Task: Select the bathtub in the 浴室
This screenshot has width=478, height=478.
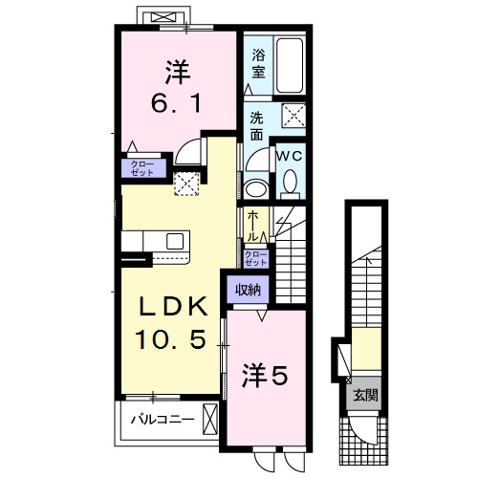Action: pyautogui.click(x=290, y=66)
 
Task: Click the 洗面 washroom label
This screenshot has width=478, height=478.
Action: pyautogui.click(x=257, y=125)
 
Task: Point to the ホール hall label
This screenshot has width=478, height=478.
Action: pyautogui.click(x=252, y=226)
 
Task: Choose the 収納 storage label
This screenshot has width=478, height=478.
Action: pyautogui.click(x=249, y=289)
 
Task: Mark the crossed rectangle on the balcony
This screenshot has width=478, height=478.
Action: pyautogui.click(x=210, y=419)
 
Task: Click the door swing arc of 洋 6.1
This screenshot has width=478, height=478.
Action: pyautogui.click(x=191, y=153)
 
